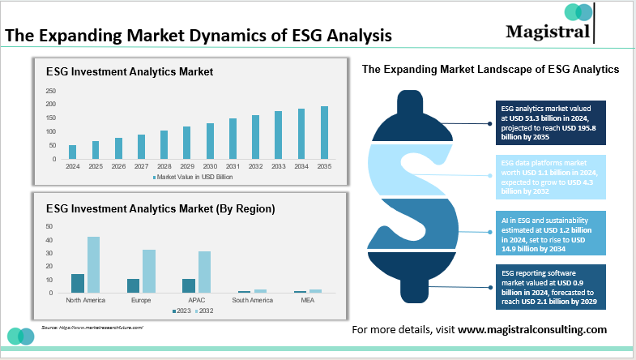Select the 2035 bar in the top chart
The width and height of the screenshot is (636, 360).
[x=325, y=132]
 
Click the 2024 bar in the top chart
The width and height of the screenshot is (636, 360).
[x=73, y=152]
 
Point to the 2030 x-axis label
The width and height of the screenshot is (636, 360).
[x=210, y=166]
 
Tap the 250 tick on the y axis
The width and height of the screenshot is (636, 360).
[x=51, y=91]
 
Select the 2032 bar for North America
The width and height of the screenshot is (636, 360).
[x=93, y=264]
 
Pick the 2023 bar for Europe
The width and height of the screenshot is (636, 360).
[x=133, y=285]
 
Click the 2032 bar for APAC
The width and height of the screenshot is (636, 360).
[x=204, y=272]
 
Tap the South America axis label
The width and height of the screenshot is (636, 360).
[x=251, y=300]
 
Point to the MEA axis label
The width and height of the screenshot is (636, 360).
[x=307, y=300]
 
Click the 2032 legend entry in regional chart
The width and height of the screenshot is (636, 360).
[x=207, y=311]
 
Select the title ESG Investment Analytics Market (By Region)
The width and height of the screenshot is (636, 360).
[x=160, y=208]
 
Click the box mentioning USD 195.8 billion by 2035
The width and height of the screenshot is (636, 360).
[x=551, y=122]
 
